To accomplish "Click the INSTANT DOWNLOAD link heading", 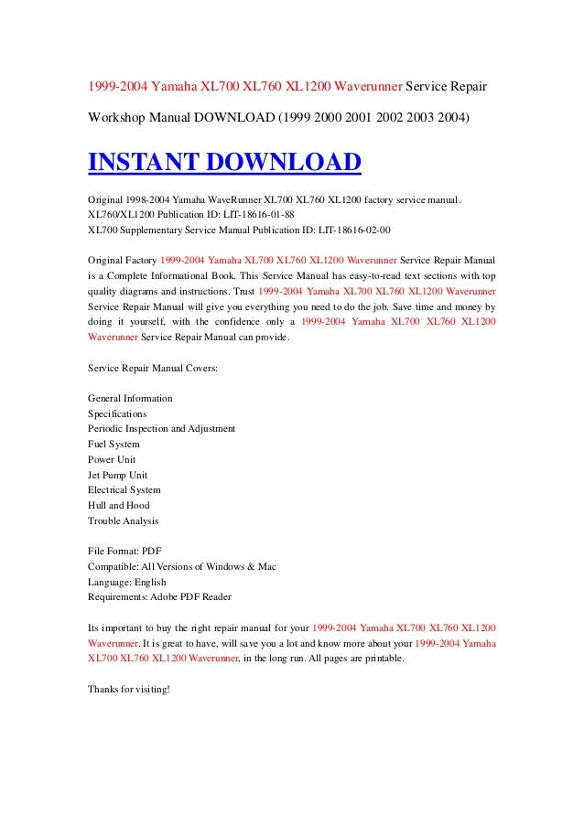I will point(224,163).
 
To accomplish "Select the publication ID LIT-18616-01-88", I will point(254,215).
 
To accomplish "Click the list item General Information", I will point(130,399).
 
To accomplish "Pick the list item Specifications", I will point(117,413).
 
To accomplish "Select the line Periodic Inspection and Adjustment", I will point(161,428).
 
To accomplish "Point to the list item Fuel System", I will point(114,444).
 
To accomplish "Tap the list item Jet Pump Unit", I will point(117,475).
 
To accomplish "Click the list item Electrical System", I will point(124,489).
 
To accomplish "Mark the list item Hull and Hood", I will point(118,505).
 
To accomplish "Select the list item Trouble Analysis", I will point(123,520).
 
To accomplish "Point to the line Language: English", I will point(126,582).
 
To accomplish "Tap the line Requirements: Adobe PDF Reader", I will point(159,596).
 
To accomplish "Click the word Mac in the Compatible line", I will point(266,566).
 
